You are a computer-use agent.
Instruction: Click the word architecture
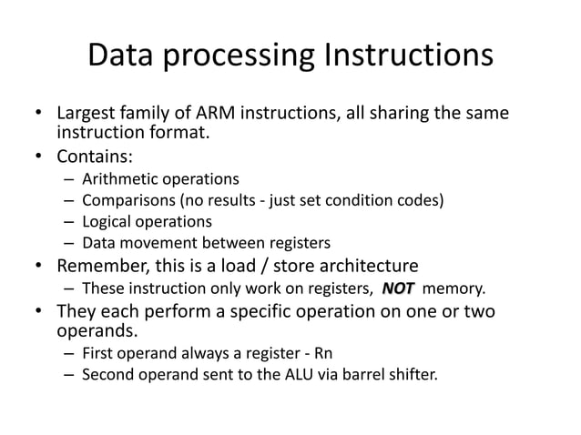366,266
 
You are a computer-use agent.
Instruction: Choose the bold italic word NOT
398,289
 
